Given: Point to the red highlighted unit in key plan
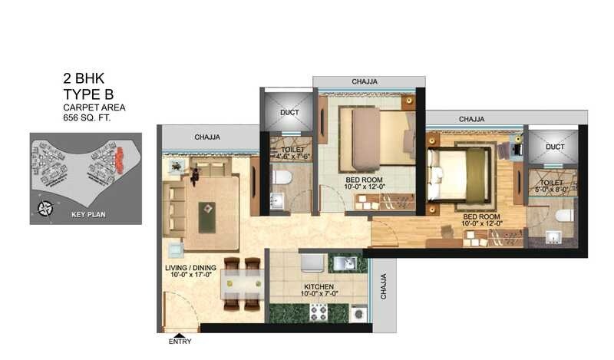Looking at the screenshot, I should click(x=119, y=160).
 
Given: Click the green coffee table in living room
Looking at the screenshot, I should click(x=207, y=216).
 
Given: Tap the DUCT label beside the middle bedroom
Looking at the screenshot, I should click(x=289, y=113).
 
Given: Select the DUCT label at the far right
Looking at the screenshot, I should click(x=554, y=147).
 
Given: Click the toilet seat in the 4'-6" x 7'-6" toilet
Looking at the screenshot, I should click(x=282, y=177).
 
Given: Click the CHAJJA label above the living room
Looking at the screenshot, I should click(x=208, y=137).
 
